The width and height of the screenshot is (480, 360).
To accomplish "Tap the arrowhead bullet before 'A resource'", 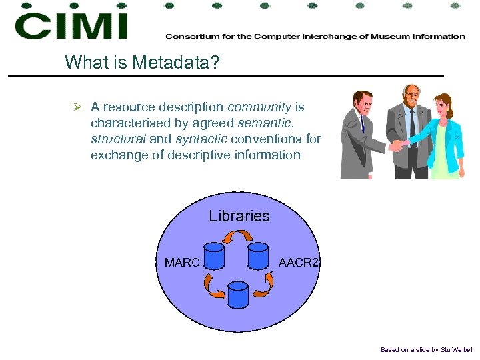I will pyautogui.click(x=77, y=107).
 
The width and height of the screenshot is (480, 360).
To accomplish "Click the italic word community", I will pyautogui.click(x=259, y=107).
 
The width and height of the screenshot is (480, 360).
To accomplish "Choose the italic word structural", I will pyautogui.click(x=118, y=139).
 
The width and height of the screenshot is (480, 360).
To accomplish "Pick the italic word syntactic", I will pyautogui.click(x=201, y=139).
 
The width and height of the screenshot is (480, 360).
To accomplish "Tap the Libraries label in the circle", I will pyautogui.click(x=239, y=216).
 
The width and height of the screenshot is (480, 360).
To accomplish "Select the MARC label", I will pyautogui.click(x=182, y=263).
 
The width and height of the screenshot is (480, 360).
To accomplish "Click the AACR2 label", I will pyautogui.click(x=299, y=263).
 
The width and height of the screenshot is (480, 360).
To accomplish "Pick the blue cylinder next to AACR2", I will pyautogui.click(x=257, y=256).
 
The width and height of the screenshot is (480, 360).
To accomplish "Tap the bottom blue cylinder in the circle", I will pyautogui.click(x=237, y=294).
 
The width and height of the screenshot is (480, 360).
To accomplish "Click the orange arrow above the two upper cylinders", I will pyautogui.click(x=237, y=237).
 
